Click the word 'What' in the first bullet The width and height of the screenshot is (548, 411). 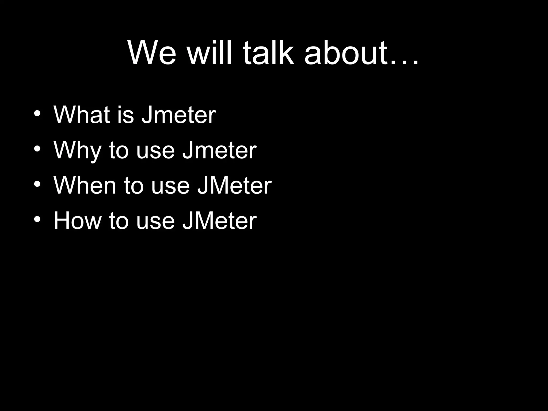tap(82, 115)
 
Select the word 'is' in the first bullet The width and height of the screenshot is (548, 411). tap(125, 115)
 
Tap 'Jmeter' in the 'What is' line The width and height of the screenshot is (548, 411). tap(178, 115)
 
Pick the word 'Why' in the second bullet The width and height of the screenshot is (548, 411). tap(77, 150)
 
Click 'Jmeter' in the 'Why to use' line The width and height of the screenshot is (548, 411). tap(219, 150)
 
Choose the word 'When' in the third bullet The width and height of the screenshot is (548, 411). tap(85, 186)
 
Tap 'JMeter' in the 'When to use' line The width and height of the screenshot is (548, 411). tap(234, 186)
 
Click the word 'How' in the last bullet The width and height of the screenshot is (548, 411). tap(77, 221)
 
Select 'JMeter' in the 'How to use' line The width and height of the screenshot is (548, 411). tap(219, 221)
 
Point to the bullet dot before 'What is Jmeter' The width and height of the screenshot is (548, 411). tap(37, 113)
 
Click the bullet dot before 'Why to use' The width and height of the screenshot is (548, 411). tap(37, 149)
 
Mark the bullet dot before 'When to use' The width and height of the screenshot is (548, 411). tap(37, 184)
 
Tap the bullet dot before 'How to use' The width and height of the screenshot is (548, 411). tap(37, 219)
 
